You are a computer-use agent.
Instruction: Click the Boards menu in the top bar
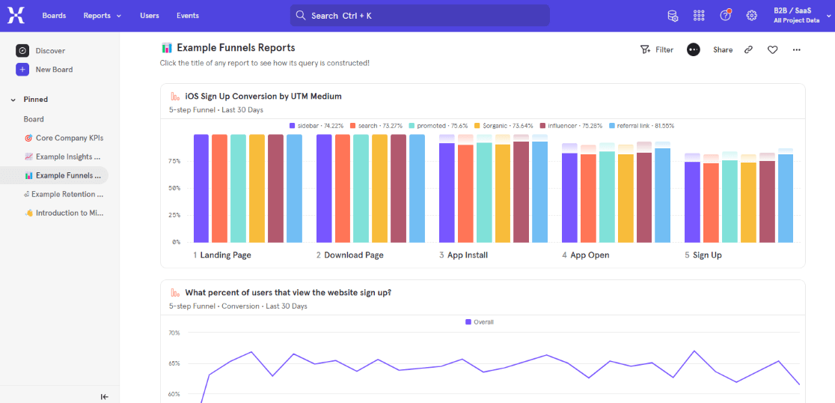tap(54, 16)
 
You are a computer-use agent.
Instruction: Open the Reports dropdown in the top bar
tap(102, 16)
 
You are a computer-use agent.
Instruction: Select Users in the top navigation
tap(149, 16)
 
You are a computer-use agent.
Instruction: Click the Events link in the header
tap(188, 16)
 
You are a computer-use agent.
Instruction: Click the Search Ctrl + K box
tap(419, 16)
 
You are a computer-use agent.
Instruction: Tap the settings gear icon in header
tap(752, 16)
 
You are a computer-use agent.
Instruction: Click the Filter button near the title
tap(657, 50)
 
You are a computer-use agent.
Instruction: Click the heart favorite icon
tap(773, 50)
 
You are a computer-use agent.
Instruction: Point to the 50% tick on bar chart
tap(174, 188)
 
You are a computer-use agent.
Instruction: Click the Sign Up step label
tap(706, 255)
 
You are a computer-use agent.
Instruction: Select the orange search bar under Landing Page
tap(219, 188)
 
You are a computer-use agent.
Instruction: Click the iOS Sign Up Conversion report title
tap(263, 97)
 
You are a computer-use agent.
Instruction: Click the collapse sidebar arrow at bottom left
tap(104, 396)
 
